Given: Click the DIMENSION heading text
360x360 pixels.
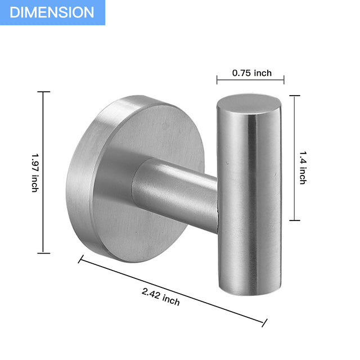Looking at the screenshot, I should point(52,12).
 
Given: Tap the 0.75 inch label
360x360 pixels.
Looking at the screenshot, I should point(251,73).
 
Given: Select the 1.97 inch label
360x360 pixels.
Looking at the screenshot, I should point(35,173).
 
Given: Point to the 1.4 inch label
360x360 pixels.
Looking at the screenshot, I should point(302,168).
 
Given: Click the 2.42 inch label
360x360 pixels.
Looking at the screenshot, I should point(161,296).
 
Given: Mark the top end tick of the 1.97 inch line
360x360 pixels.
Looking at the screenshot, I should point(43,92).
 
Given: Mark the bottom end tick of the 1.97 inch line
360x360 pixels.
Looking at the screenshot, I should point(43,253).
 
